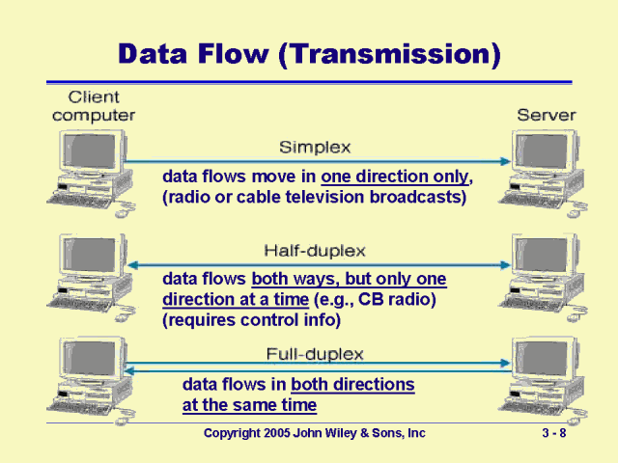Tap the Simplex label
point(315,148)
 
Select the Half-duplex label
point(315,251)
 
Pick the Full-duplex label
point(315,354)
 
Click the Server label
point(547,115)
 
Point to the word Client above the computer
point(94,96)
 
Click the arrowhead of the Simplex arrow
point(505,161)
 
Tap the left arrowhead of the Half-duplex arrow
point(133,265)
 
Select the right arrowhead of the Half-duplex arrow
point(505,265)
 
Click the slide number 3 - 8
point(554,433)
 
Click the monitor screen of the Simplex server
point(543,151)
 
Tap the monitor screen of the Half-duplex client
point(91,255)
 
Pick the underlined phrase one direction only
point(395,177)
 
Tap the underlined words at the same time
point(249,405)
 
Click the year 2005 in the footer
point(277,433)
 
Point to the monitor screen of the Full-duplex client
point(91,358)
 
